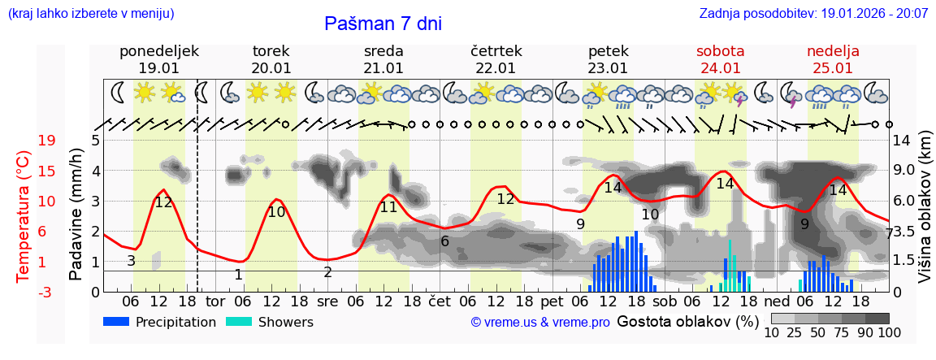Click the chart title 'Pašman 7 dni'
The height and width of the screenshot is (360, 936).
click(x=383, y=24)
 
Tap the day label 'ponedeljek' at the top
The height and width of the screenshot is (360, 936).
click(x=159, y=51)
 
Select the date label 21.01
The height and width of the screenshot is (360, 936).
click(x=383, y=68)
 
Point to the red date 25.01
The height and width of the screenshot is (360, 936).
click(x=833, y=68)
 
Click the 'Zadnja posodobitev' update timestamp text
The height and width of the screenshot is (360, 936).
click(x=813, y=14)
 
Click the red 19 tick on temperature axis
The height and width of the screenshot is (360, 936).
click(x=47, y=141)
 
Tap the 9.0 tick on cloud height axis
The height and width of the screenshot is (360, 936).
click(x=905, y=171)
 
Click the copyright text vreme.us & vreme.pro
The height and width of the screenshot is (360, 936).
click(x=540, y=323)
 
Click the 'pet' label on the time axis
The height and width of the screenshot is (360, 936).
click(x=552, y=301)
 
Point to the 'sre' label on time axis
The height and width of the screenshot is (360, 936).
click(x=327, y=301)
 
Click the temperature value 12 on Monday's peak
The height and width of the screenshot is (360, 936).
click(x=164, y=202)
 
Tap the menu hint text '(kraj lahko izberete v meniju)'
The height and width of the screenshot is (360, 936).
click(x=90, y=14)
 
